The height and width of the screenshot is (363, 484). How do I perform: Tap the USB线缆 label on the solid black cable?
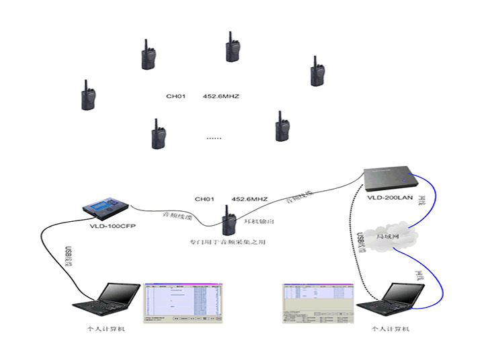[x=68, y=257]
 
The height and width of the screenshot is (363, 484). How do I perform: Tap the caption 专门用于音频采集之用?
[x=227, y=241]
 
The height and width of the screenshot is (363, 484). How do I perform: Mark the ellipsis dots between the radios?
[x=214, y=138]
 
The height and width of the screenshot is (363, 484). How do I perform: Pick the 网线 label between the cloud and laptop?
[x=420, y=274]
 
